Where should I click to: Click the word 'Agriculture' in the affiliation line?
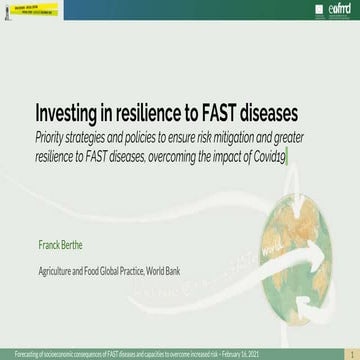point(55,242)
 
